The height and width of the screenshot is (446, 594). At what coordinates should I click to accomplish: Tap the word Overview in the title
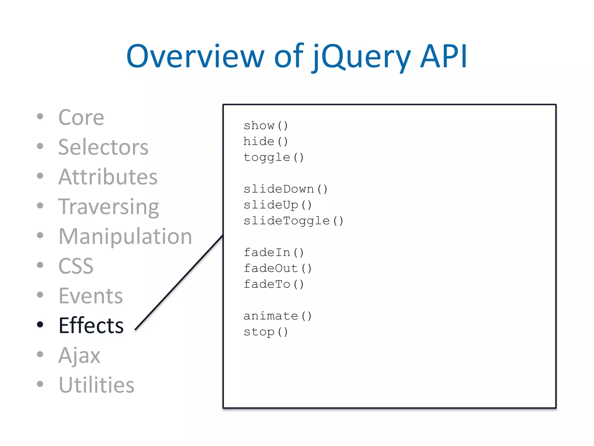[195, 57]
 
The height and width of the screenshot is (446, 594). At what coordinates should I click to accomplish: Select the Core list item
[81, 118]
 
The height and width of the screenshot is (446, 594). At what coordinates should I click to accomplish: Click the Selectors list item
[103, 147]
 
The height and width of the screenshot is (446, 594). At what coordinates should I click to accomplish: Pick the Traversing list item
[109, 207]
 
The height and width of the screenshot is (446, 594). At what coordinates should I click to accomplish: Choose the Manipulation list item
[125, 236]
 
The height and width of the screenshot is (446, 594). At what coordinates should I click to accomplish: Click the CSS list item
[76, 266]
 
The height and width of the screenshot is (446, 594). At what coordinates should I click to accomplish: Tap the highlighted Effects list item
[91, 325]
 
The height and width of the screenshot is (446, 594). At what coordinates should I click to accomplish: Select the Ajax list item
[79, 355]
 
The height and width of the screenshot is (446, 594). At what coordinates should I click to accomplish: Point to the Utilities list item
[97, 385]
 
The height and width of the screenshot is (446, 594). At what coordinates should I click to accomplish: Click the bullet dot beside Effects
[40, 324]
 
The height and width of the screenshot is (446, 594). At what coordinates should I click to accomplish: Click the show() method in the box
[266, 126]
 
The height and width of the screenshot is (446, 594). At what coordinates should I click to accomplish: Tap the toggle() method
[274, 157]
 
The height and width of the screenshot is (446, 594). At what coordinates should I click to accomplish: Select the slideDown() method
[285, 189]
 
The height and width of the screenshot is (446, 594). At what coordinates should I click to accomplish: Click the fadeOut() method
[278, 268]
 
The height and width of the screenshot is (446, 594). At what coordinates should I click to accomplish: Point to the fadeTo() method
[274, 284]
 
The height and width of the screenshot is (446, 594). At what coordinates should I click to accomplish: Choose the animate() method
[278, 316]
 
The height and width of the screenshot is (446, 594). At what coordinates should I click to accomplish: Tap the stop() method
[266, 332]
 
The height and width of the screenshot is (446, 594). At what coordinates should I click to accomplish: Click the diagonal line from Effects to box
[179, 283]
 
